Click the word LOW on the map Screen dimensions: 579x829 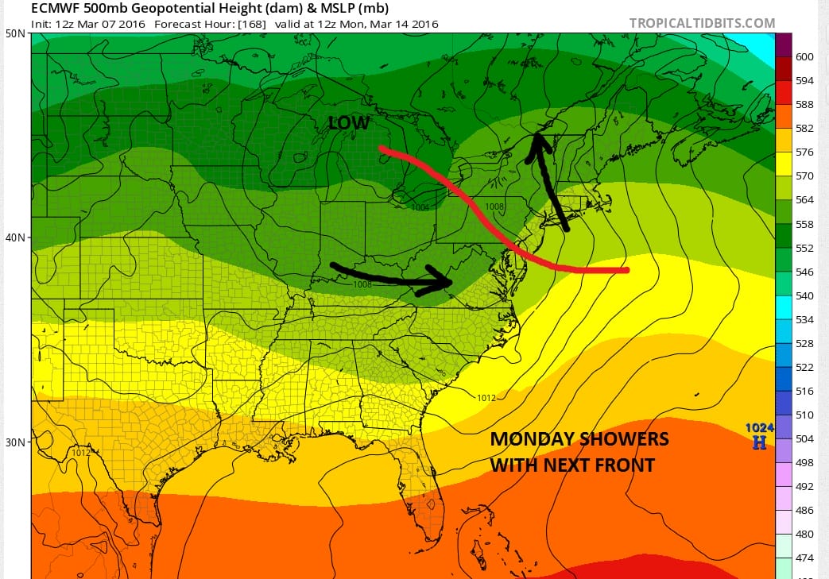(349, 123)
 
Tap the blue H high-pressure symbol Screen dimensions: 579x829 (759, 442)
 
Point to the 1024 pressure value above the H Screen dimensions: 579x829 (759, 428)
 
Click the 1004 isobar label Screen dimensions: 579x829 (421, 207)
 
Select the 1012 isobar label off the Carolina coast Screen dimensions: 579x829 (486, 398)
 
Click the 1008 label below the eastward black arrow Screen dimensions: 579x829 (362, 284)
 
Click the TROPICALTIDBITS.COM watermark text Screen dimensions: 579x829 (702, 23)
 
